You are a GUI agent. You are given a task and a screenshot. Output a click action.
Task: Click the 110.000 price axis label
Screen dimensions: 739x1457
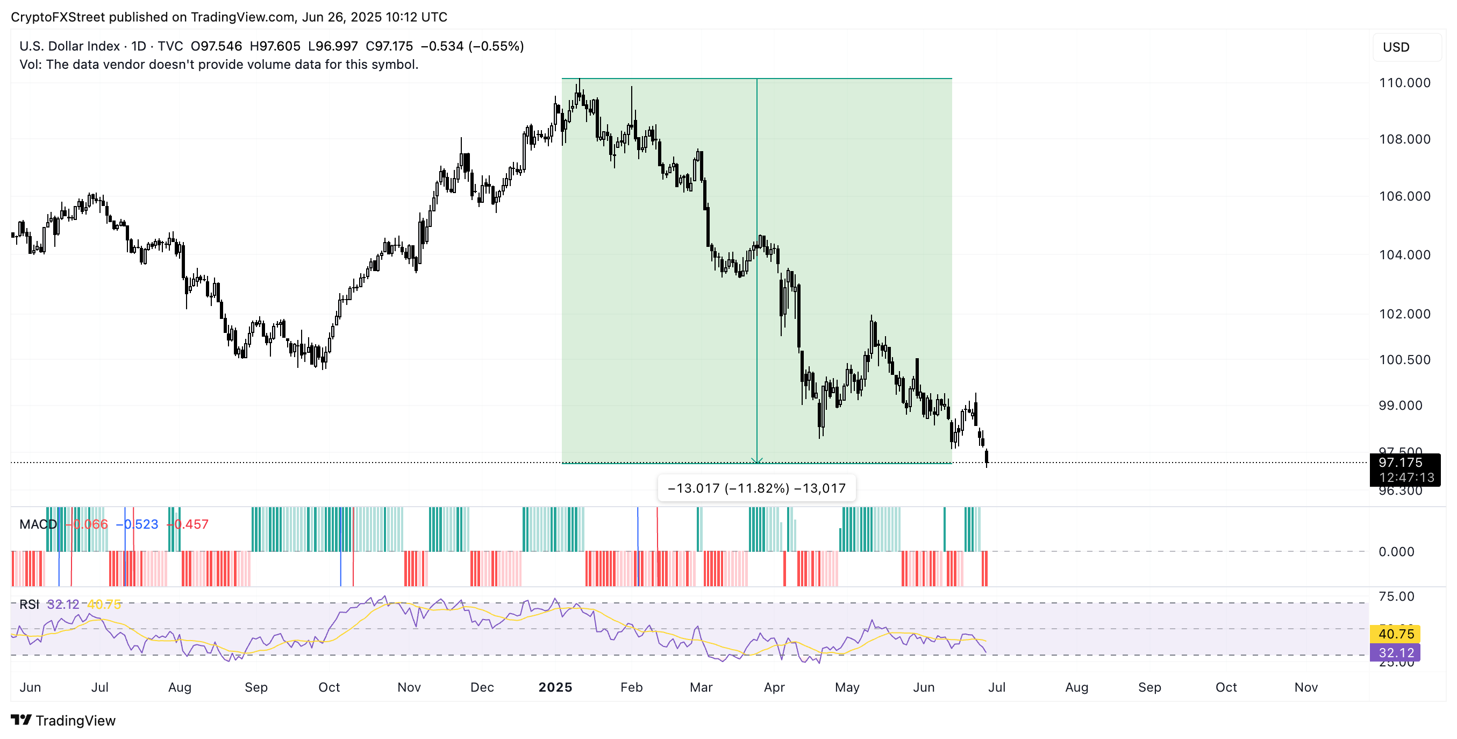click(1404, 83)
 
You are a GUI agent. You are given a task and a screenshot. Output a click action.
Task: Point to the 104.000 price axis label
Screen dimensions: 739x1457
click(1404, 254)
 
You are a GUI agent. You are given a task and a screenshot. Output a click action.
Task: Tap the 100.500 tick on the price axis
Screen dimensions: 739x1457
click(1404, 360)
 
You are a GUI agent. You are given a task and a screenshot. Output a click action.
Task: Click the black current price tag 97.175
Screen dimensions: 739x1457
click(1404, 470)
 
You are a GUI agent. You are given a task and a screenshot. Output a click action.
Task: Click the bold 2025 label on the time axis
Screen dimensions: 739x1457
click(555, 687)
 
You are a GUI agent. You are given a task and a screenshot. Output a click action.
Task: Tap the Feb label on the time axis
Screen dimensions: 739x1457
click(631, 687)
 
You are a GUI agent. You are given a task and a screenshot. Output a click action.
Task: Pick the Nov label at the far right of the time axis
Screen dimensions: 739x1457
click(1305, 687)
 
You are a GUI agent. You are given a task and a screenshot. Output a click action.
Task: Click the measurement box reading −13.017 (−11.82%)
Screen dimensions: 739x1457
click(756, 488)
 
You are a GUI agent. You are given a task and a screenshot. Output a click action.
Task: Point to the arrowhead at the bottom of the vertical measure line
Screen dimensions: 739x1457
click(757, 460)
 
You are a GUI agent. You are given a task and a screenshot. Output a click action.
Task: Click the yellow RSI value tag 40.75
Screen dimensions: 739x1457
click(1396, 634)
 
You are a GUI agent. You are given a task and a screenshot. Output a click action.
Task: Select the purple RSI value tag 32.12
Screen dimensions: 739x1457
click(1396, 653)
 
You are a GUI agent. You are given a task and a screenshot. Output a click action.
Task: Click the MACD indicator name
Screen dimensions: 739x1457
click(38, 524)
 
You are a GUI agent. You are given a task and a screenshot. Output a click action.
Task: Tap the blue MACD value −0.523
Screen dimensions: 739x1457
click(138, 524)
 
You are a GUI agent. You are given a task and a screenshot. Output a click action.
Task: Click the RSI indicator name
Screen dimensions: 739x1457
click(29, 605)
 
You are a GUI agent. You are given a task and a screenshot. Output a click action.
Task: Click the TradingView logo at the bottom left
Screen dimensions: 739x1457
click(63, 720)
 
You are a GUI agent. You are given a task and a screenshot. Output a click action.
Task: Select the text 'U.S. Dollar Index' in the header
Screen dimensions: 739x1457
click(69, 46)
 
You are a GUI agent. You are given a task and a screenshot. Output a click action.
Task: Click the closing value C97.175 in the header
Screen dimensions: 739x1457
click(389, 46)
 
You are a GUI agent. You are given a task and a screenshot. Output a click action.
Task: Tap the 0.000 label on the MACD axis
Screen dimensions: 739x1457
click(1396, 552)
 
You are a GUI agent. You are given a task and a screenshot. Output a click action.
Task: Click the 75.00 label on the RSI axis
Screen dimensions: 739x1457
click(1396, 596)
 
